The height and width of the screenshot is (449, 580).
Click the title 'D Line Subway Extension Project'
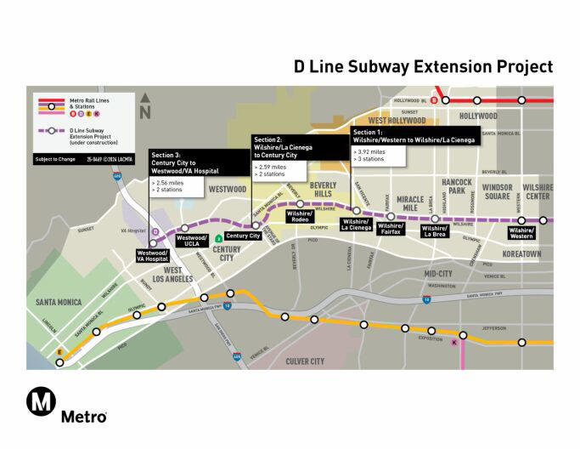(x=423, y=66)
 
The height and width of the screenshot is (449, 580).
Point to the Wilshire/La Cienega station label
(x=357, y=224)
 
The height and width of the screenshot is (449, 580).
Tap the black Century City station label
(x=243, y=236)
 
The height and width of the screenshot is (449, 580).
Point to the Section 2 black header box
(x=298, y=145)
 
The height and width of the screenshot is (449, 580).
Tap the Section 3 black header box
(x=195, y=164)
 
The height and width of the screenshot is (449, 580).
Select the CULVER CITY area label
(x=304, y=361)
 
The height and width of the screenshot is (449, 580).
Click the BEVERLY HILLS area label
(x=323, y=188)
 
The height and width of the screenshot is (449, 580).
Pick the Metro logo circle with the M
(x=41, y=401)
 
